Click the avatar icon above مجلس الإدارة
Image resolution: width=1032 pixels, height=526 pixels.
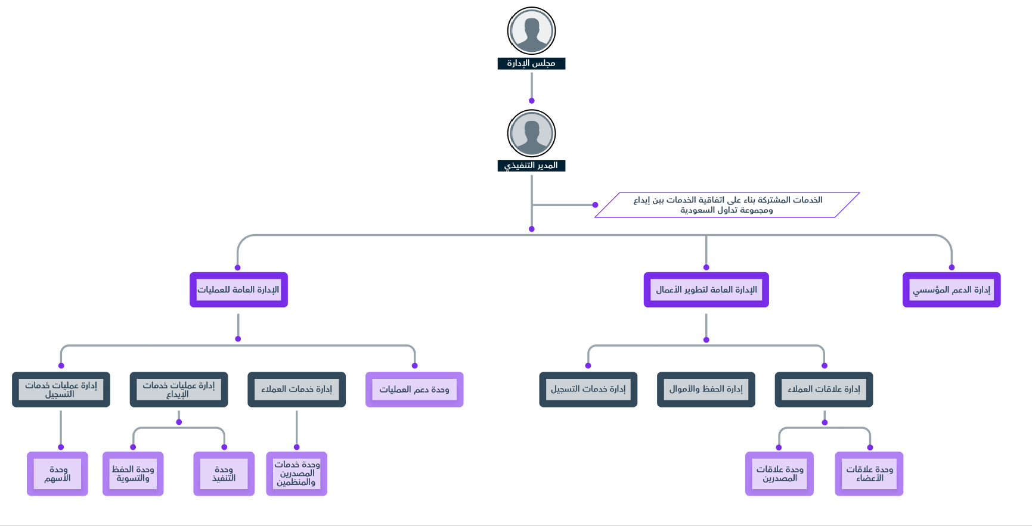pyautogui.click(x=531, y=31)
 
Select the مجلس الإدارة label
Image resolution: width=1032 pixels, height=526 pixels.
pyautogui.click(x=531, y=63)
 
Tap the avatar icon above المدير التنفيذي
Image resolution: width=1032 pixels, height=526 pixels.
pyautogui.click(x=531, y=133)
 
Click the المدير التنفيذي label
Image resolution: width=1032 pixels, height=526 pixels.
pyautogui.click(x=531, y=166)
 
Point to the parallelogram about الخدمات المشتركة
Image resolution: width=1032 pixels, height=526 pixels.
pyautogui.click(x=727, y=205)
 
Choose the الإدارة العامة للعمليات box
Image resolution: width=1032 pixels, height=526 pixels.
pyautogui.click(x=238, y=290)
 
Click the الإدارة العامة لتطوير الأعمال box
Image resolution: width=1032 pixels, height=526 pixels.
pyautogui.click(x=706, y=290)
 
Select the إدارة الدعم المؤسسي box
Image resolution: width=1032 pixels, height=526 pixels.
pyautogui.click(x=952, y=290)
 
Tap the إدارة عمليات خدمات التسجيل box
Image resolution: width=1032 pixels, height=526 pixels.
pyautogui.click(x=61, y=390)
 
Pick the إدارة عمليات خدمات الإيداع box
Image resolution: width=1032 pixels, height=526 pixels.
pyautogui.click(x=179, y=390)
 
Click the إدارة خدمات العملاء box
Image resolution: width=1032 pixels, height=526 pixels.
pyautogui.click(x=296, y=390)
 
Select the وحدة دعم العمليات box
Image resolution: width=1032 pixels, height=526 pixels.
pyautogui.click(x=414, y=390)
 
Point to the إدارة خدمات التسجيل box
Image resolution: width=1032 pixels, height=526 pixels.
pyautogui.click(x=588, y=390)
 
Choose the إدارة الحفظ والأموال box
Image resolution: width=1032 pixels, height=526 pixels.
pyautogui.click(x=706, y=390)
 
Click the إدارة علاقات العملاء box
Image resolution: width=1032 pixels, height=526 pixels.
pyautogui.click(x=824, y=390)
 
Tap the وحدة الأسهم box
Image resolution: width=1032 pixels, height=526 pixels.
pyautogui.click(x=57, y=474)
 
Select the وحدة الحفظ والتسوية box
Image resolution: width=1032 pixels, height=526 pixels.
pyautogui.click(x=133, y=474)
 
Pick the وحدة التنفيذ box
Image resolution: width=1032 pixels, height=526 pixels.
pyautogui.click(x=224, y=474)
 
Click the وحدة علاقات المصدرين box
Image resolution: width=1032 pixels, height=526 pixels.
pyautogui.click(x=779, y=474)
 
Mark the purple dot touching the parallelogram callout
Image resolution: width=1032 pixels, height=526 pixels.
pyautogui.click(x=595, y=205)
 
